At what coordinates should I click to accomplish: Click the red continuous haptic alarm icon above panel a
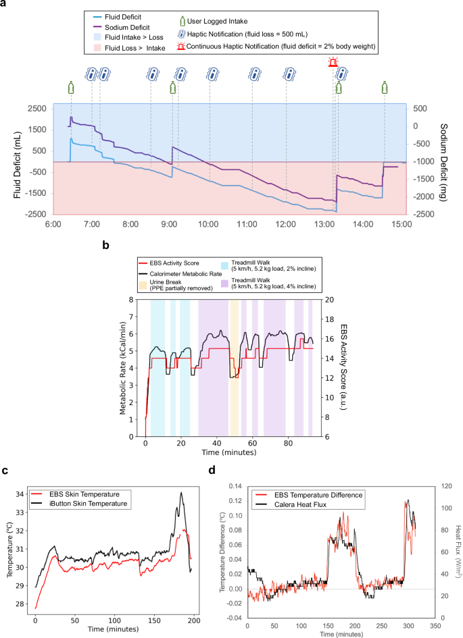pyautogui.click(x=333, y=63)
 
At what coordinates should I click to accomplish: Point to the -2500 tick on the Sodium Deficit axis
pyautogui.click(x=423, y=214)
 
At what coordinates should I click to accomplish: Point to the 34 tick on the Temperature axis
pyautogui.click(x=21, y=494)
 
